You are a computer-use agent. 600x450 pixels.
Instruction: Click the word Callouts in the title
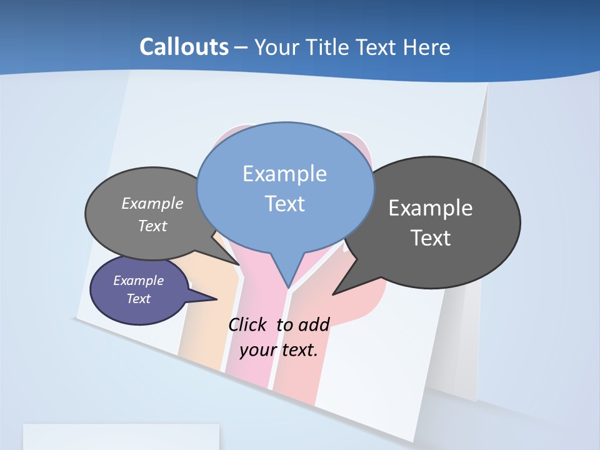(x=184, y=47)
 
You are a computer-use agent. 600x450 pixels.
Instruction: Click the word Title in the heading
(x=329, y=47)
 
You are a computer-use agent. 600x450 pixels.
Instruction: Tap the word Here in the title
(x=427, y=47)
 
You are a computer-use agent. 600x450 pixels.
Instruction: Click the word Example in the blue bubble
(x=284, y=174)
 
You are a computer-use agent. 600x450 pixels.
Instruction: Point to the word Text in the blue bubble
(x=284, y=204)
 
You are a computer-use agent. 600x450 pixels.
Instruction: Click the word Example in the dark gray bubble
(x=431, y=208)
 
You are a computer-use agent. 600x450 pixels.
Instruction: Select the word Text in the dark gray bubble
(x=431, y=238)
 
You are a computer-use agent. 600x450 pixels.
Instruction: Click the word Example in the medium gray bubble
(x=152, y=203)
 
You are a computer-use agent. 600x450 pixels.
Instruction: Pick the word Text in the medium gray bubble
(x=152, y=226)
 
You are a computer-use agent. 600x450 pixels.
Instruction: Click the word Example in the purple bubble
(x=138, y=281)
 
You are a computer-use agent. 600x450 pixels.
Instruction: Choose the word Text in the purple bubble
(x=138, y=299)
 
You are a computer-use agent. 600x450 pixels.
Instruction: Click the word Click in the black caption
(x=248, y=324)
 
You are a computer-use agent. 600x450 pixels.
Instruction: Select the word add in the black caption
(x=313, y=324)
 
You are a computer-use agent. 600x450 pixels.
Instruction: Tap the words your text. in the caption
(x=279, y=350)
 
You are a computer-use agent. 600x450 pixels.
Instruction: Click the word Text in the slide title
(x=378, y=47)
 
